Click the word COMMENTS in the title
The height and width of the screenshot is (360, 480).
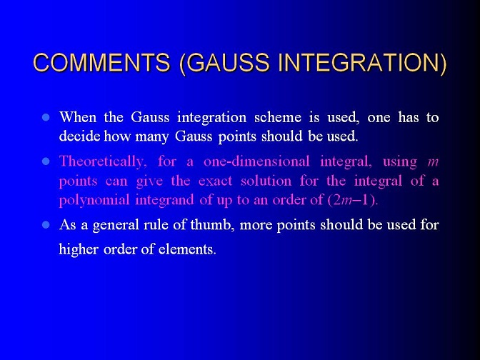tap(101, 62)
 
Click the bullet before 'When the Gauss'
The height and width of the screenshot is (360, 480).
tap(46, 117)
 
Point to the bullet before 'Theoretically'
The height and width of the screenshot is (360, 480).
tap(46, 161)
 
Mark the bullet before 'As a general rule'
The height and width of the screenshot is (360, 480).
tap(46, 225)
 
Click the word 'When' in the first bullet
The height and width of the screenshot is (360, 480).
tap(78, 117)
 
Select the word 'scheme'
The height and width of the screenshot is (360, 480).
tap(278, 118)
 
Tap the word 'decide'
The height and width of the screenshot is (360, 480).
tap(79, 136)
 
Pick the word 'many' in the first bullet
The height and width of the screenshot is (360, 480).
tap(152, 137)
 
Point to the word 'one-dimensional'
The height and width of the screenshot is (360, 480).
tap(256, 161)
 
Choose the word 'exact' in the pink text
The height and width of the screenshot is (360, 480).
tap(215, 181)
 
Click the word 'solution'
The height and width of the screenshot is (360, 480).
tap(266, 181)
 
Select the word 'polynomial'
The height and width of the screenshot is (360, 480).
tap(94, 201)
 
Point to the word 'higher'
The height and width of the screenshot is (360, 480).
tap(79, 249)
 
